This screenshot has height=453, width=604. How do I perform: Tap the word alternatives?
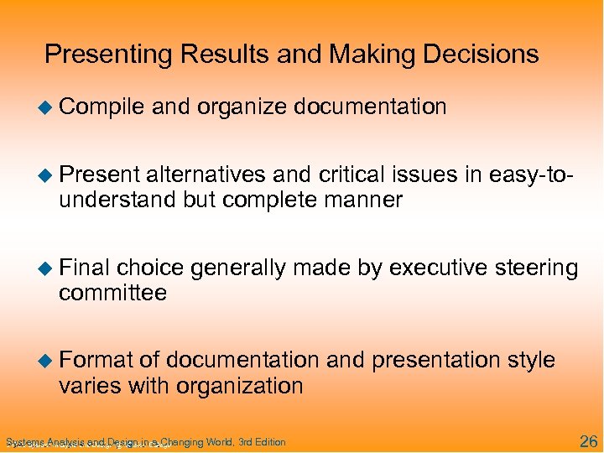pos(208,174)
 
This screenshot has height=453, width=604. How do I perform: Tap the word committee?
pos(112,294)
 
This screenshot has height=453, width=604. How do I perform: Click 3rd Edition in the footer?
pos(262,442)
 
